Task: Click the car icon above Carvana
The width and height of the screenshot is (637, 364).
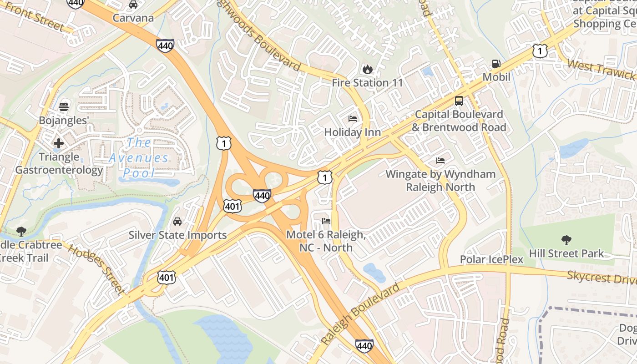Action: click(133, 5)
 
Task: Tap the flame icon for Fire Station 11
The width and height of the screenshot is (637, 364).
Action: click(367, 70)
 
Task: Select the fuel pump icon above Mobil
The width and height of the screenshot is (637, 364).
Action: click(496, 64)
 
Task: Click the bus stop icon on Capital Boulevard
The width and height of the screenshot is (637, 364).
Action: click(459, 101)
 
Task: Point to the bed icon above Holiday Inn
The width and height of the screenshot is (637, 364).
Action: click(353, 119)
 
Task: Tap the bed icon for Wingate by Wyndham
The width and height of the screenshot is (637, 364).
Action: click(440, 161)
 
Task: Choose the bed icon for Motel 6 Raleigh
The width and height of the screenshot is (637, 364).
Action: click(326, 222)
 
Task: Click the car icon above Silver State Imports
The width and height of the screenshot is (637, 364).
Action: click(177, 222)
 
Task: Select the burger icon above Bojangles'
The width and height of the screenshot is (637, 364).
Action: click(64, 107)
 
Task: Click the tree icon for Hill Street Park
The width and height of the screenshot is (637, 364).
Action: click(566, 240)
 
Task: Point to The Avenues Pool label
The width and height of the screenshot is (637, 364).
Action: click(139, 158)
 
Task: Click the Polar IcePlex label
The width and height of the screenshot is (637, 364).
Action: click(491, 259)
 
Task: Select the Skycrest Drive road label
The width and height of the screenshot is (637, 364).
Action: click(601, 277)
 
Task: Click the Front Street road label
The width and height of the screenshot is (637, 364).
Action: click(34, 18)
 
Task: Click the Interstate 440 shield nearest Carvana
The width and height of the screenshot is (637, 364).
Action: click(165, 45)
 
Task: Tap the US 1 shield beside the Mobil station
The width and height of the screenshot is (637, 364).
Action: click(540, 51)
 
